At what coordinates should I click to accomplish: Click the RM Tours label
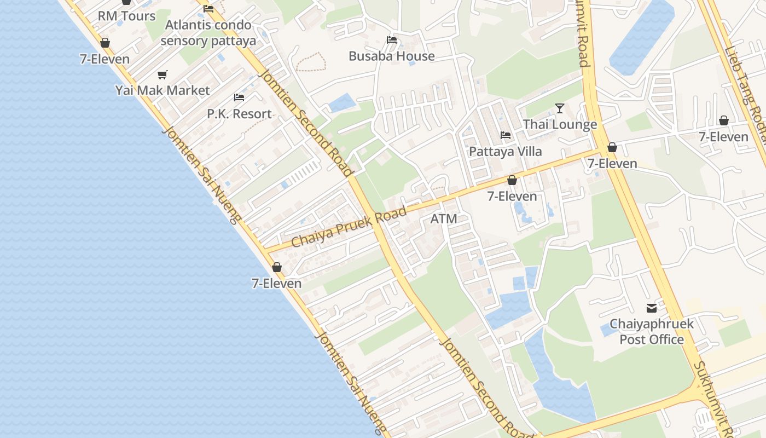click(126, 16)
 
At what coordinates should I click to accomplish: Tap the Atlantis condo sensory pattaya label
click(208, 33)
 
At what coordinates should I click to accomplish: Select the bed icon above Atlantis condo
click(208, 8)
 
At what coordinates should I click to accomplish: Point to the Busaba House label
click(392, 56)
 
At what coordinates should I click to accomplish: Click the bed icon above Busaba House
click(392, 39)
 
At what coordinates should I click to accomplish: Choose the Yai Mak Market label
click(163, 90)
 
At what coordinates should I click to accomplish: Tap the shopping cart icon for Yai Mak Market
click(162, 74)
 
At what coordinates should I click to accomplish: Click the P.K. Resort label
click(239, 114)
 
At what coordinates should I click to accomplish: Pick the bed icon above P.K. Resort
click(239, 97)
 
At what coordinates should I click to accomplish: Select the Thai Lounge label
click(560, 124)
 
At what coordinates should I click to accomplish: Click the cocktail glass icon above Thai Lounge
click(560, 108)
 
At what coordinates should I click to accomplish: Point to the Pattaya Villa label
click(506, 151)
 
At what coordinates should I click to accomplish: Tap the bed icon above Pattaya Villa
click(506, 135)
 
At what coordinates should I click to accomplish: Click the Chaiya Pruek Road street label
click(349, 227)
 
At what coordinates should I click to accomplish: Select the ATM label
click(444, 219)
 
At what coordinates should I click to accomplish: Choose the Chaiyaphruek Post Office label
click(652, 331)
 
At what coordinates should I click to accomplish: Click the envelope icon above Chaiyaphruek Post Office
click(652, 308)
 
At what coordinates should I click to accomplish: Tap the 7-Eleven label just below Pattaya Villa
click(512, 196)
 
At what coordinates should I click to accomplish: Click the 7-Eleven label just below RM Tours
click(105, 59)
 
